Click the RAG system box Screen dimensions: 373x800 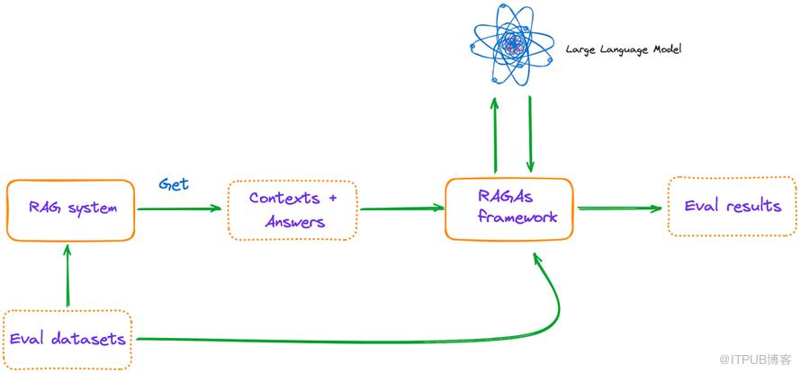pos(71,209)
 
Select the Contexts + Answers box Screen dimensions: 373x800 pos(292,209)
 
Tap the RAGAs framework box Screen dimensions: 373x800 pos(509,209)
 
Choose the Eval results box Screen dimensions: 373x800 pos(733,207)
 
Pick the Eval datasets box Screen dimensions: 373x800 pos(67,340)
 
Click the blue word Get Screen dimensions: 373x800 pos(174,183)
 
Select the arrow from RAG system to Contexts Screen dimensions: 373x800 pos(180,209)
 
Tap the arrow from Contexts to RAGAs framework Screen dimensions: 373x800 pos(401,209)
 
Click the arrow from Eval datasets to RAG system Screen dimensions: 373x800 pos(67,277)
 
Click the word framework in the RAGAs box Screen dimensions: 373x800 pos(517,218)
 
